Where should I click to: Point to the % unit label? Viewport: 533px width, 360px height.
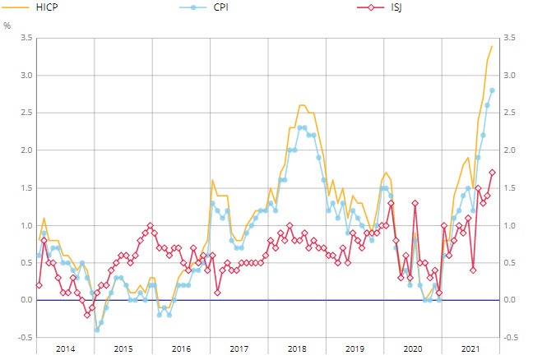pyautogui.click(x=7, y=25)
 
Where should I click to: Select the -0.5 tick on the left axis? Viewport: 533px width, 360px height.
pyautogui.click(x=25, y=338)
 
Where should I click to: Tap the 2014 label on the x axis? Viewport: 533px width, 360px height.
pyautogui.click(x=65, y=349)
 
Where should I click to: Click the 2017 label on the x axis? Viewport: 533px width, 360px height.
pyautogui.click(x=239, y=349)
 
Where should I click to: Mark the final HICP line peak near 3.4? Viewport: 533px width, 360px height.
pyautogui.click(x=492, y=46)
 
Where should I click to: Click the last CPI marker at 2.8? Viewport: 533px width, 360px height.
pyautogui.click(x=492, y=90)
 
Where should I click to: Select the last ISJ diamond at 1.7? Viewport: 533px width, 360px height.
pyautogui.click(x=492, y=173)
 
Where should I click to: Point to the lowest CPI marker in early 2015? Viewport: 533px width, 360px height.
pyautogui.click(x=95, y=330)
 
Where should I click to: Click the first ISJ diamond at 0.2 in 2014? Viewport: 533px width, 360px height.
pyautogui.click(x=38, y=285)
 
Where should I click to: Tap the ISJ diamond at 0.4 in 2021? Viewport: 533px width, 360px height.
pyautogui.click(x=473, y=270)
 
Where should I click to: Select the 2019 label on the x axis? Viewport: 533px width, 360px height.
pyautogui.click(x=355, y=349)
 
